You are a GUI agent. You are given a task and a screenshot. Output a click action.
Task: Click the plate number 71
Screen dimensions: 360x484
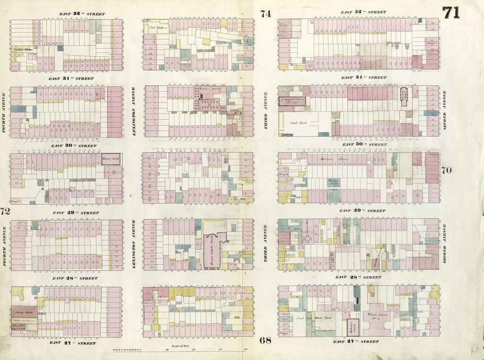click(451, 12)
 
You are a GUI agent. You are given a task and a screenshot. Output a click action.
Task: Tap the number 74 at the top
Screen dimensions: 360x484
click(266, 13)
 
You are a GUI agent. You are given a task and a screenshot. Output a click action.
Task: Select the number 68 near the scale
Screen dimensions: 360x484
click(265, 340)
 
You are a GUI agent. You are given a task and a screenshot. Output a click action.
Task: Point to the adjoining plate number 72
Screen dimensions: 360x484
click(5, 211)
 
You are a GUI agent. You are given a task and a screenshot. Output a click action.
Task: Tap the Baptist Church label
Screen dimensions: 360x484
click(111, 159)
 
